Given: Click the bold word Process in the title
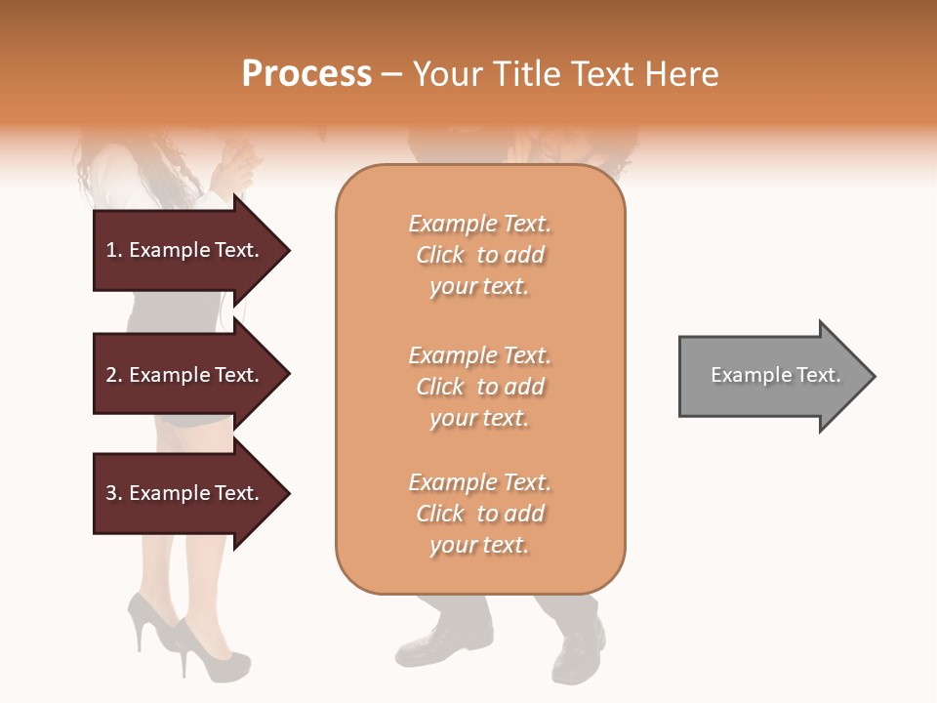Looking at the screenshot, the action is tap(306, 74).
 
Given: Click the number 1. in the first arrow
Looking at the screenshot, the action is tap(113, 251).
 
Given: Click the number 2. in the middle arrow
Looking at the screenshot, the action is tap(113, 376).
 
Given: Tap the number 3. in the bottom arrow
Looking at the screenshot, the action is tap(113, 494).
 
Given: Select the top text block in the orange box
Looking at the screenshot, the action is tap(479, 255).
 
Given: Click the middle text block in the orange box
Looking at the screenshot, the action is tap(479, 387).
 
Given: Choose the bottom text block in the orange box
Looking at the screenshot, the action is tap(479, 514).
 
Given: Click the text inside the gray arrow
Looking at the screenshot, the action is tap(776, 376).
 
